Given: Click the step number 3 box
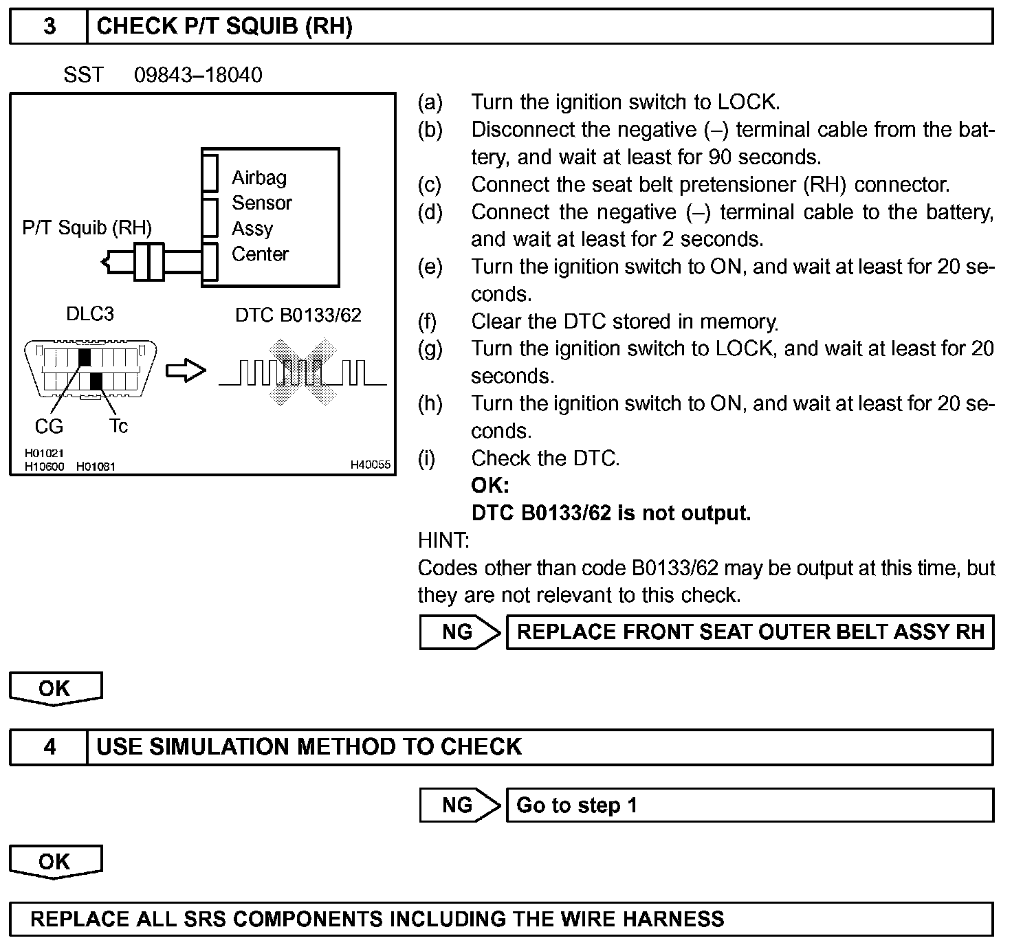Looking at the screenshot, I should point(49,27).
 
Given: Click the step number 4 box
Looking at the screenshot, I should point(49,747).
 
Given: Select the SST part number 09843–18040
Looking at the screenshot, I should point(198,75).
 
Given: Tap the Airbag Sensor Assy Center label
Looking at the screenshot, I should point(261,216).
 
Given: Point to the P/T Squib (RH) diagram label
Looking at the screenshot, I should point(87,228).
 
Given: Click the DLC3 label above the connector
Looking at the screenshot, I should point(89,314).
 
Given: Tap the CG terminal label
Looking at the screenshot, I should point(49,427).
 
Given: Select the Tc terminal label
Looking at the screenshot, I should point(118,427).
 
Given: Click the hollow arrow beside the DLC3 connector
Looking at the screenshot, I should point(186,371).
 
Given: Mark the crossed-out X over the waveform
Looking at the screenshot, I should point(302,371).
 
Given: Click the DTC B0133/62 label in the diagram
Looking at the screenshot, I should point(298,315).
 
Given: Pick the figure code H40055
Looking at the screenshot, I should point(370,465).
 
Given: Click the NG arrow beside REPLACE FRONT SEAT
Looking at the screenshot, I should point(460,632).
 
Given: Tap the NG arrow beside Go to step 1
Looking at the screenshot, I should point(460,805).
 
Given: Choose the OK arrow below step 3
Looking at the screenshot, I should point(55,689).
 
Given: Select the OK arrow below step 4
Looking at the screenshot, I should point(55,862).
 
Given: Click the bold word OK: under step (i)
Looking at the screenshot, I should point(489,486).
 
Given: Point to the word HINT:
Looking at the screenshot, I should point(443,541).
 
